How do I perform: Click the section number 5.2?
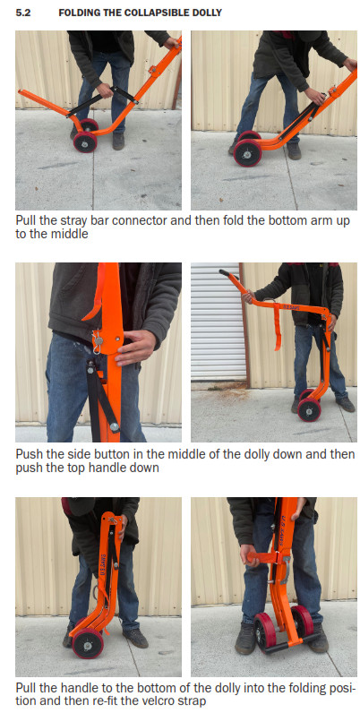pyautogui.click(x=23, y=13)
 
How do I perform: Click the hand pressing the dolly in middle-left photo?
pyautogui.click(x=134, y=345)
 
